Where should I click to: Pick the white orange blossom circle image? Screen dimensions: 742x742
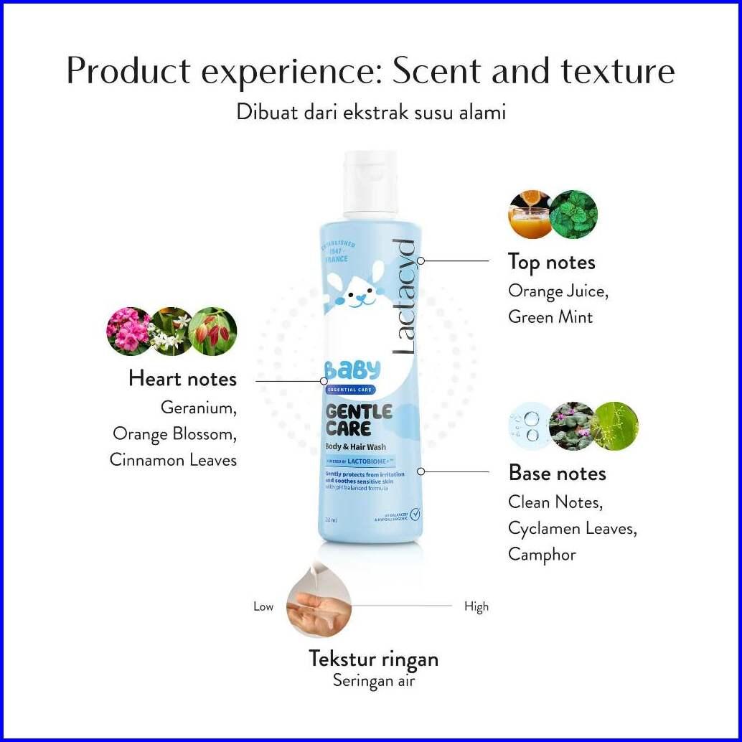pos(171,331)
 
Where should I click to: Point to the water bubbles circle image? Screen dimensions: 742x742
pos(528,426)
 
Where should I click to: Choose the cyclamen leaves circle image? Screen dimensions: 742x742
pos(571,426)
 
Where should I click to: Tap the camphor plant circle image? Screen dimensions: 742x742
pos(616,426)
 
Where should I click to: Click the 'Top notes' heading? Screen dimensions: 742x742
pos(551,263)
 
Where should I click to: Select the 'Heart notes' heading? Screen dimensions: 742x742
pos(182,378)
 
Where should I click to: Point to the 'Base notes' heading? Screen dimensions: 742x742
pos(557,473)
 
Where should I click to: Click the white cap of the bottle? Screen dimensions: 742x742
pos(370,183)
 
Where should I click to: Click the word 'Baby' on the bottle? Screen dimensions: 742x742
pos(352,370)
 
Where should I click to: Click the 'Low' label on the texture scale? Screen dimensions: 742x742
pos(263,607)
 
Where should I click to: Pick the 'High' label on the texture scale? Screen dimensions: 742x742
pos(476,607)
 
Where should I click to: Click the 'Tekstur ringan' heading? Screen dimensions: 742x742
pos(373,659)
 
